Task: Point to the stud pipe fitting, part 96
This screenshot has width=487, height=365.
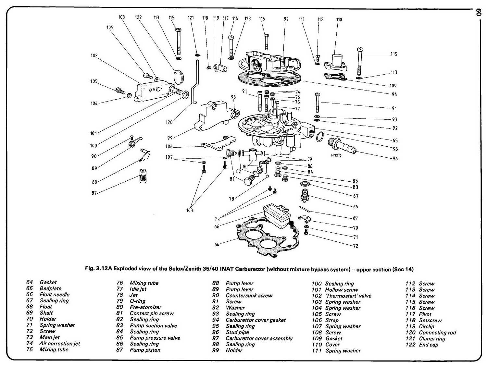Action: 342,146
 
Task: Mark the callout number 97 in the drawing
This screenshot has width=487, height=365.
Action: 286,19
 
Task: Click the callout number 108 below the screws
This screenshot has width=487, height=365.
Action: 190,210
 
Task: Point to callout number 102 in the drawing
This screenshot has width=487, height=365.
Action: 94,55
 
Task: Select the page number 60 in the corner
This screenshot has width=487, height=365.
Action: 479,13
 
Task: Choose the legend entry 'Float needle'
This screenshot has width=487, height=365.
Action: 55,294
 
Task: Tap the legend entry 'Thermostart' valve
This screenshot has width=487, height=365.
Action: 348,296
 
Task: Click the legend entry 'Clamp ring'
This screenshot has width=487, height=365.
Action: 432,338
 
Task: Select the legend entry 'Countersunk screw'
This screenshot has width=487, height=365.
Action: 249,295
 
